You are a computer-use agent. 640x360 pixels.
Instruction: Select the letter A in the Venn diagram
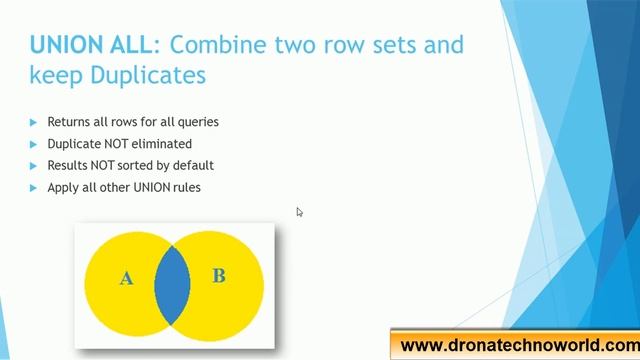[126, 279]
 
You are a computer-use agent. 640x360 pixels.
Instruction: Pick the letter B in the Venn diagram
[218, 276]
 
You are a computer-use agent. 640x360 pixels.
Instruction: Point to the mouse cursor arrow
[299, 211]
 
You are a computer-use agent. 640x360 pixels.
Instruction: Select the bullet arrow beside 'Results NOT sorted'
[34, 166]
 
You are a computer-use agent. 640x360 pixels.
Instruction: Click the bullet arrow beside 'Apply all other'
[34, 188]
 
